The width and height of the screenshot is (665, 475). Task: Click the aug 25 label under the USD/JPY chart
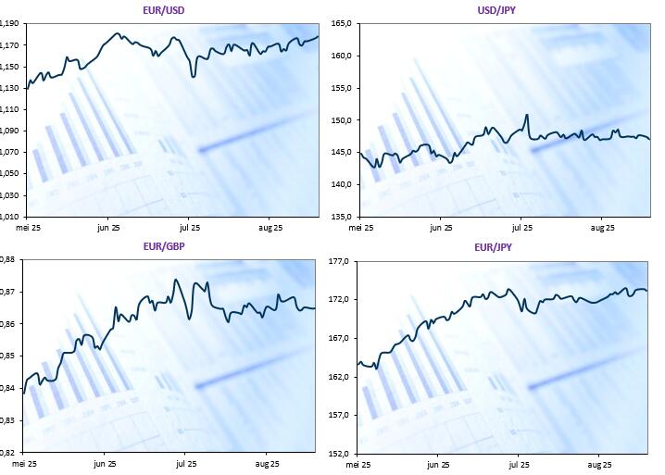603,227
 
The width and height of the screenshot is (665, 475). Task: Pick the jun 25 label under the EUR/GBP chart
106,463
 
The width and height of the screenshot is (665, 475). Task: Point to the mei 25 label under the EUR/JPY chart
361,464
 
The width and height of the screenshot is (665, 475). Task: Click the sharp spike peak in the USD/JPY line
526,115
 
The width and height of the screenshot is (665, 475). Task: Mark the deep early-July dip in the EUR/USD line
192,76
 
